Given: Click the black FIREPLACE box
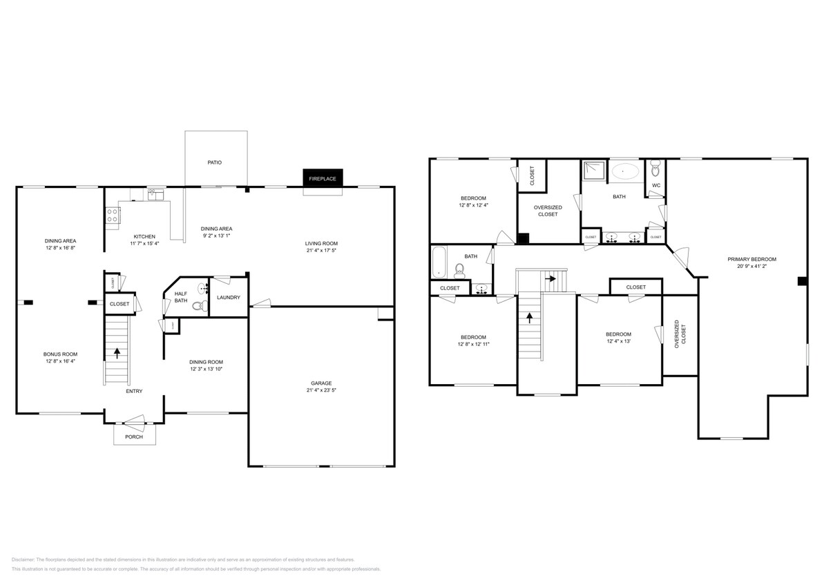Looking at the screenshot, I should coord(323,178).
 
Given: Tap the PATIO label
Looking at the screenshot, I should coord(215,162).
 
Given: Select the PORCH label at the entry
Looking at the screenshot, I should coord(134,437).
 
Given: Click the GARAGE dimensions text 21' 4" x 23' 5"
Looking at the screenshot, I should coord(321,390).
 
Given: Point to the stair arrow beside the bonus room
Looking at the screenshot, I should coord(116,353).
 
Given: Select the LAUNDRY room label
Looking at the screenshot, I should coord(228,298).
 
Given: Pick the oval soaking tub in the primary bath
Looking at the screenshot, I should coord(626,169).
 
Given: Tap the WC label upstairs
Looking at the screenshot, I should coord(656,185).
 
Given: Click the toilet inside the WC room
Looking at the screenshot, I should coord(656,166).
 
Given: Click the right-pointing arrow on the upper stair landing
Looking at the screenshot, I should coord(551,279).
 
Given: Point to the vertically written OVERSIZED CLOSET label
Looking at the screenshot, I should coord(680,332).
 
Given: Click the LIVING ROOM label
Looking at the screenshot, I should coord(321,243).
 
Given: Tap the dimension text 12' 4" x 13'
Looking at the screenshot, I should coord(619,341).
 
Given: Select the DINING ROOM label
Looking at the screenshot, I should coord(206,362).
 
